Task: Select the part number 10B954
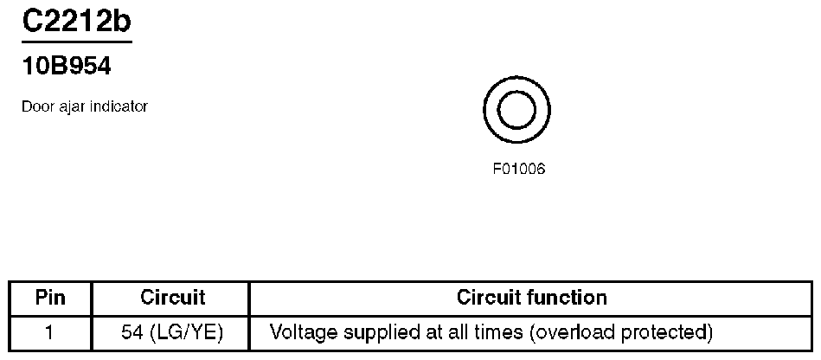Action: click(x=66, y=66)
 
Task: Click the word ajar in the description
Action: click(x=68, y=106)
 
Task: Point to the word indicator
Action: click(x=117, y=106)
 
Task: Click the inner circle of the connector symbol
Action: click(x=517, y=110)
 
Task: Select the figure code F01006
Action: click(x=518, y=169)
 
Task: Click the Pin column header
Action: click(x=50, y=298)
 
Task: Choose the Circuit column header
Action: click(x=172, y=298)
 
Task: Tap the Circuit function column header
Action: click(x=531, y=298)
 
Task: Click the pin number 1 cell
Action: click(x=50, y=332)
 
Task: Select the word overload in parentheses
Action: click(x=571, y=332)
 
